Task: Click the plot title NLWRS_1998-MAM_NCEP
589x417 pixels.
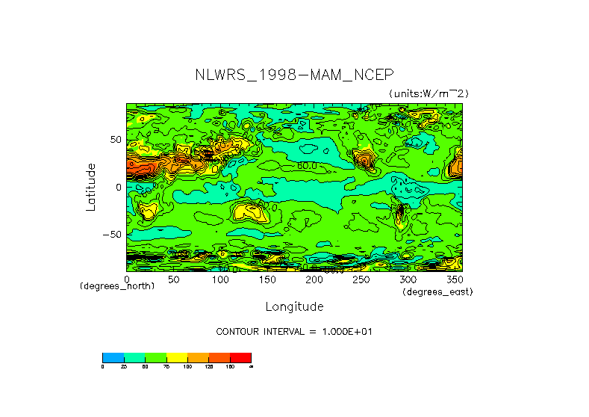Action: [x=293, y=75]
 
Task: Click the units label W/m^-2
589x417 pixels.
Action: [x=428, y=93]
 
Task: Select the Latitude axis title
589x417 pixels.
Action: [x=91, y=187]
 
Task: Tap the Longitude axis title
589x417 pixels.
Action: [x=294, y=306]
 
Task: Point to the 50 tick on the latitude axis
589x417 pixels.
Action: [x=116, y=140]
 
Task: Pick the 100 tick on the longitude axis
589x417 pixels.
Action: [x=220, y=279]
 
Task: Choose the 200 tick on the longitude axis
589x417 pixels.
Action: [x=314, y=279]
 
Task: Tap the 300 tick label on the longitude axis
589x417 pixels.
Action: [x=408, y=279]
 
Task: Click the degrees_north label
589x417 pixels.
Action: [x=117, y=287]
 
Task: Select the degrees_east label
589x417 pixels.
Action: [x=437, y=291]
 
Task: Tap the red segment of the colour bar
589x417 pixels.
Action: [x=240, y=357]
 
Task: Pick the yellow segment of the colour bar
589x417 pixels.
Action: [x=176, y=357]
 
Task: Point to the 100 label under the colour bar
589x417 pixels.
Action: [x=187, y=367]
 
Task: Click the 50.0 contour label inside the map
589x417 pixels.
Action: [x=306, y=166]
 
